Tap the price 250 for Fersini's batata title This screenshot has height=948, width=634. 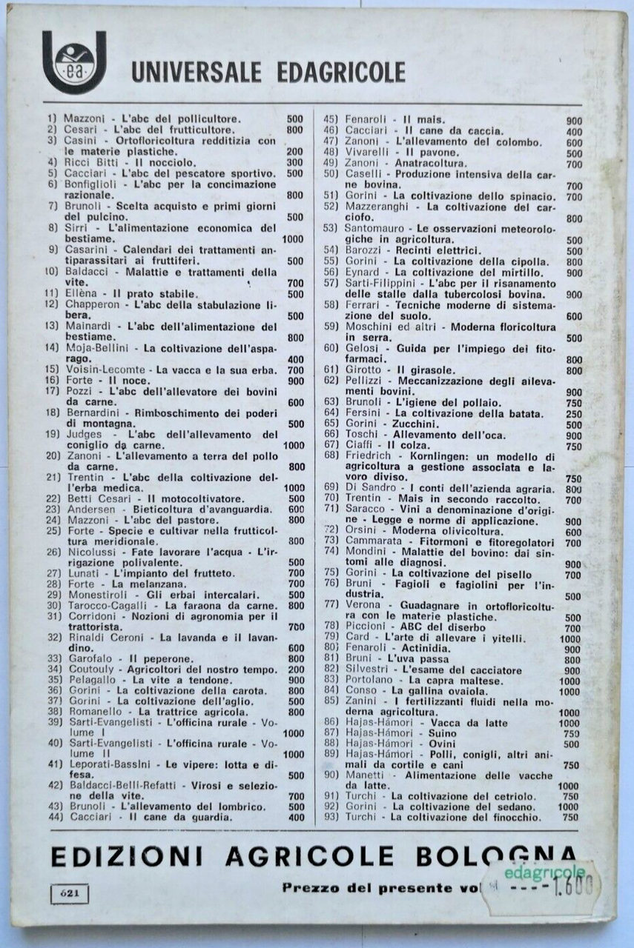coord(572,413)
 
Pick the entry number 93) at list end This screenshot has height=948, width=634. coord(331,817)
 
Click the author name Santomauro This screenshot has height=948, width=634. coord(375,229)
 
